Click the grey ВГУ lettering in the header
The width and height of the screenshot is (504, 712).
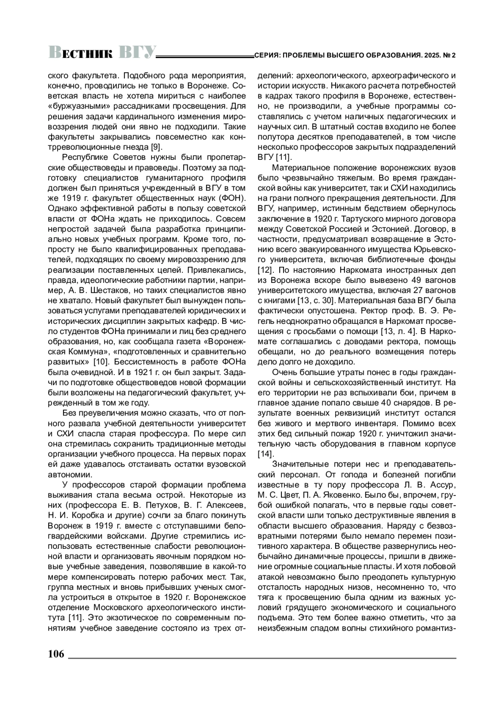137,52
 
